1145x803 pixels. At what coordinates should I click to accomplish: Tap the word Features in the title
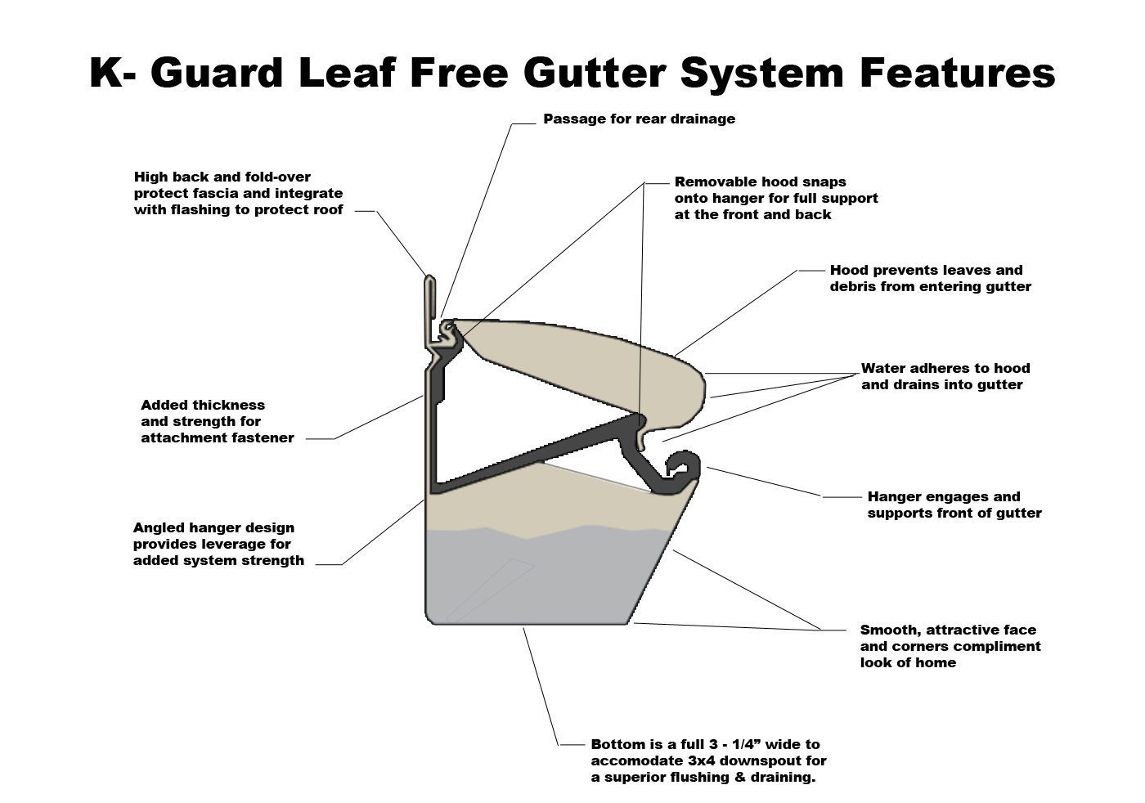pos(957,73)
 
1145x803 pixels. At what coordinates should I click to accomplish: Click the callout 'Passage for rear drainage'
pos(639,119)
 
